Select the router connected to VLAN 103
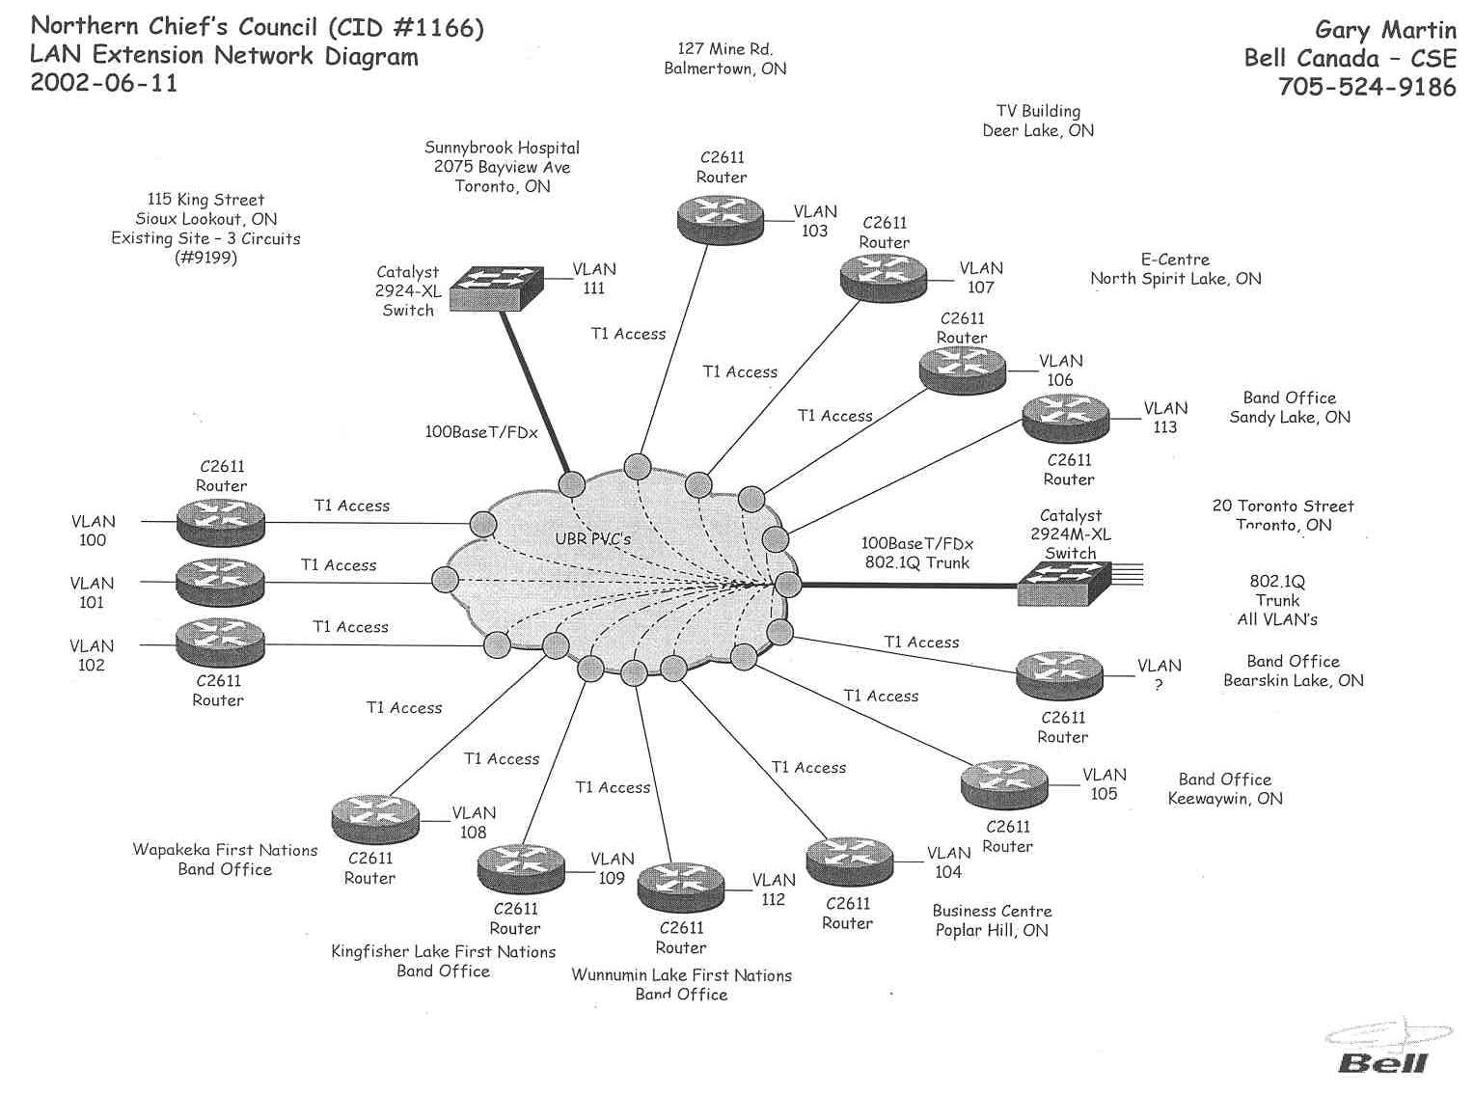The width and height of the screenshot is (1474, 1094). click(x=720, y=218)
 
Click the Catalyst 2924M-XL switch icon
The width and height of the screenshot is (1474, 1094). click(x=1064, y=582)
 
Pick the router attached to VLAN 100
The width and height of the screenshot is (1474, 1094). click(x=220, y=522)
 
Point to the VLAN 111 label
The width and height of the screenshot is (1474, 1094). click(x=593, y=279)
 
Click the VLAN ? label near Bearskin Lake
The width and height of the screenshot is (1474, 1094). click(x=1159, y=674)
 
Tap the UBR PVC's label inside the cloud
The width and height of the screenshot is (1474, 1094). click(x=592, y=538)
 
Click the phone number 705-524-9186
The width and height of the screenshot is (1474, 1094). click(x=1366, y=87)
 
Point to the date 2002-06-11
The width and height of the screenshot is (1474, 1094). click(x=104, y=82)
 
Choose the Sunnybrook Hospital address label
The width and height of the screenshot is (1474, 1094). click(x=502, y=167)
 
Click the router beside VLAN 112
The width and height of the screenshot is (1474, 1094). click(x=681, y=886)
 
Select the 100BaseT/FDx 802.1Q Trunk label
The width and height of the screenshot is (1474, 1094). click(x=916, y=553)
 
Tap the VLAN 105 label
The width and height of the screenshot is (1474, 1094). click(x=1104, y=784)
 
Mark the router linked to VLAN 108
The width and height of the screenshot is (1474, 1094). click(x=374, y=818)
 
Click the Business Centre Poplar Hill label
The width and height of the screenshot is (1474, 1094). click(x=992, y=920)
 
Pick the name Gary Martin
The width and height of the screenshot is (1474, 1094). click(x=1384, y=29)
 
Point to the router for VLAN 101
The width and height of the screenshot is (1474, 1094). click(x=219, y=582)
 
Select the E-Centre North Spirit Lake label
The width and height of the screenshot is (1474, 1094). click(x=1175, y=269)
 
